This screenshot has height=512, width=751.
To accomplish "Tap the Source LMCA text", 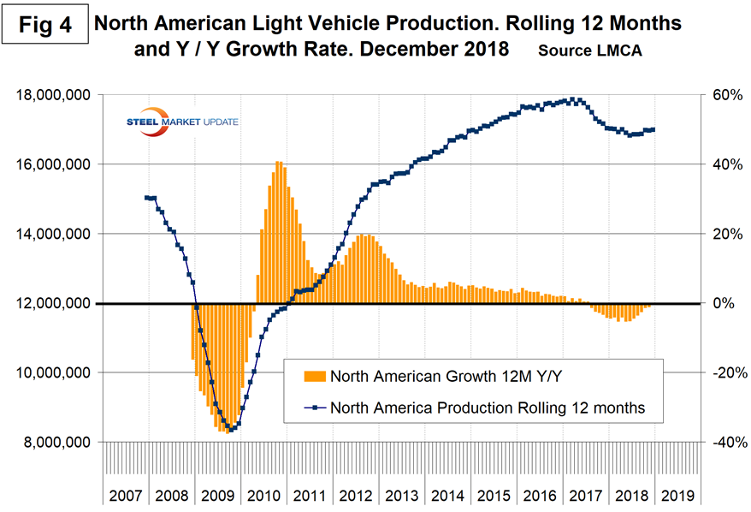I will pos(590,51).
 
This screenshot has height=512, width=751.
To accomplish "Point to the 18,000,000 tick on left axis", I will pos(56,95).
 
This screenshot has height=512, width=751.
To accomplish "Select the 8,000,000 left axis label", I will pos(56,443).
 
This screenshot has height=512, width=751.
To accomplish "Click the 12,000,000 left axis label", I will pos(56,304).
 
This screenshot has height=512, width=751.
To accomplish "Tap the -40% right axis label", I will pos(719,443).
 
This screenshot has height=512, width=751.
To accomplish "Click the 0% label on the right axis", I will pos(717,304).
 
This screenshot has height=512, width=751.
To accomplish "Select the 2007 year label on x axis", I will pos(126,496).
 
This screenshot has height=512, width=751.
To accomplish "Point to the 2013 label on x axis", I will pos(402,496).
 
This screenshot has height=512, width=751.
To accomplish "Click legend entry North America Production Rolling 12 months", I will pos(485,409).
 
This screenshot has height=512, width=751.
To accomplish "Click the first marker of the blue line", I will pos(146,198).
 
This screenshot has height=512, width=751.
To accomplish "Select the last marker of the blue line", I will pos(653,130).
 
